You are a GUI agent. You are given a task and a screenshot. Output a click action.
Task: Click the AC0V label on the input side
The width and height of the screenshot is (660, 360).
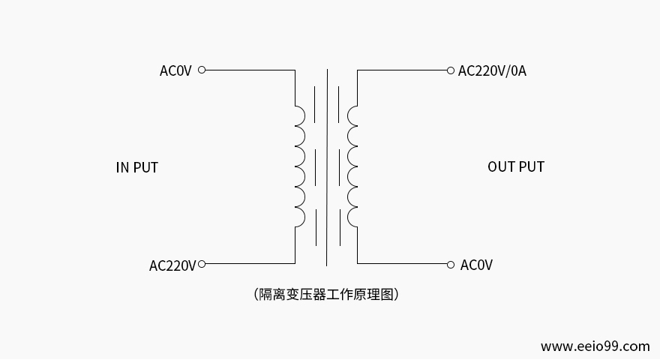tap(175, 70)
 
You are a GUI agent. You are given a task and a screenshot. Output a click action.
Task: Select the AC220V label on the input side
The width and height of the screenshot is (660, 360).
tap(172, 265)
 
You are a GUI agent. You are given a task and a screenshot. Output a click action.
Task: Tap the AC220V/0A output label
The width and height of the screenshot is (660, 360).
tap(492, 70)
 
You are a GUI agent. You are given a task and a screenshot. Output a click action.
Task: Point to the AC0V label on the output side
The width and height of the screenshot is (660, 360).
tap(476, 265)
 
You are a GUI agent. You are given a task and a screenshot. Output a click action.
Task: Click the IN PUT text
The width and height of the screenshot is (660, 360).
tap(137, 167)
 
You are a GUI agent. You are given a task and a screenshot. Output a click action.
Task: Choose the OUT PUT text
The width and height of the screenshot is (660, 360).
tap(516, 166)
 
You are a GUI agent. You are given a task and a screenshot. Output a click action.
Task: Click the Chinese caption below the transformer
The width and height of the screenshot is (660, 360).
tap(326, 294)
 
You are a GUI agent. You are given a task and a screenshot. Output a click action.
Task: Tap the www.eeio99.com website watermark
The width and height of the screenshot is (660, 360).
tap(595, 346)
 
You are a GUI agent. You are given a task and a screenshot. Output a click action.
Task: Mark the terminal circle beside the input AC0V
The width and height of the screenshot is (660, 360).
tap(202, 70)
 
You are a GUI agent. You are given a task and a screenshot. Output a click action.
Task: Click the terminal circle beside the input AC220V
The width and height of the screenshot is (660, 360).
tap(202, 264)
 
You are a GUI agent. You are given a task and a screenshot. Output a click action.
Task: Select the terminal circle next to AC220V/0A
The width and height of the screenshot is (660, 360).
tap(450, 70)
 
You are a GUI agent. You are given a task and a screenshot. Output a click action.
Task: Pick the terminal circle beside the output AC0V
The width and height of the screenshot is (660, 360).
tap(450, 264)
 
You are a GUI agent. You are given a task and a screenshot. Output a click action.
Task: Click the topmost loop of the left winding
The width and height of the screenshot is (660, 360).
tap(300, 115)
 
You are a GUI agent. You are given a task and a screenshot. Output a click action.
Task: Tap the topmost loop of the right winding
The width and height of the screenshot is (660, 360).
tap(352, 115)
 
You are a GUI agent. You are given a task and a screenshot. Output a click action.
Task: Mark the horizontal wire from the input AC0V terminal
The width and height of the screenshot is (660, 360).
tap(247, 70)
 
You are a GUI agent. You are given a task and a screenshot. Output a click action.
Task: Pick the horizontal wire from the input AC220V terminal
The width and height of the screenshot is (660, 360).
tap(247, 264)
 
